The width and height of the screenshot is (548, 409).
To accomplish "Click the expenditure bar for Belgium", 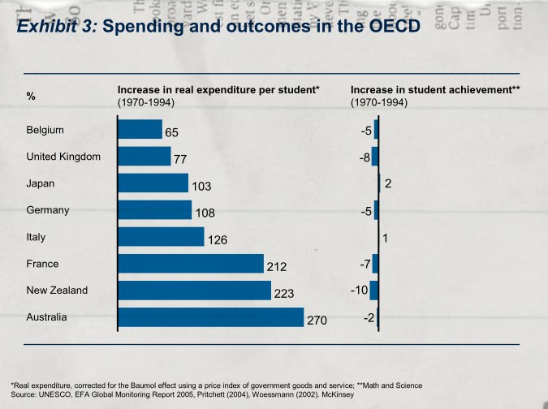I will click(x=140, y=129).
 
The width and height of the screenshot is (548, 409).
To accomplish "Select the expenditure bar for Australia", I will click(x=211, y=317).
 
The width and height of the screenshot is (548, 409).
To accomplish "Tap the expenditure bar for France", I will click(x=191, y=264).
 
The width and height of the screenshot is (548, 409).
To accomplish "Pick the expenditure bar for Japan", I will click(x=153, y=183).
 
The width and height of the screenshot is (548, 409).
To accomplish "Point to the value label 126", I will click(x=217, y=240).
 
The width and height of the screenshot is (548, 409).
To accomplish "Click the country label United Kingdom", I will click(x=63, y=157).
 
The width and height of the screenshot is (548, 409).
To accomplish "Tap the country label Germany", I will click(x=48, y=210).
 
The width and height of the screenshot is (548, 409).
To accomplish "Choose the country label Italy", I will click(x=37, y=237).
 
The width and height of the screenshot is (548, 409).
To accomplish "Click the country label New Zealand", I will click(x=57, y=291).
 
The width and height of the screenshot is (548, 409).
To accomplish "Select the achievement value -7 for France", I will click(x=365, y=264).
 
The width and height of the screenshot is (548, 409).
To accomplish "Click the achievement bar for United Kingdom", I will click(x=375, y=156).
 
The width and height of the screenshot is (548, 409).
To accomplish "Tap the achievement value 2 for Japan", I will click(x=388, y=184).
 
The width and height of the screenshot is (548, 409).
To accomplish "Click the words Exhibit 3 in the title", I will click(x=56, y=26).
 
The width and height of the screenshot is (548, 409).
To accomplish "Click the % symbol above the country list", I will click(x=31, y=97).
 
